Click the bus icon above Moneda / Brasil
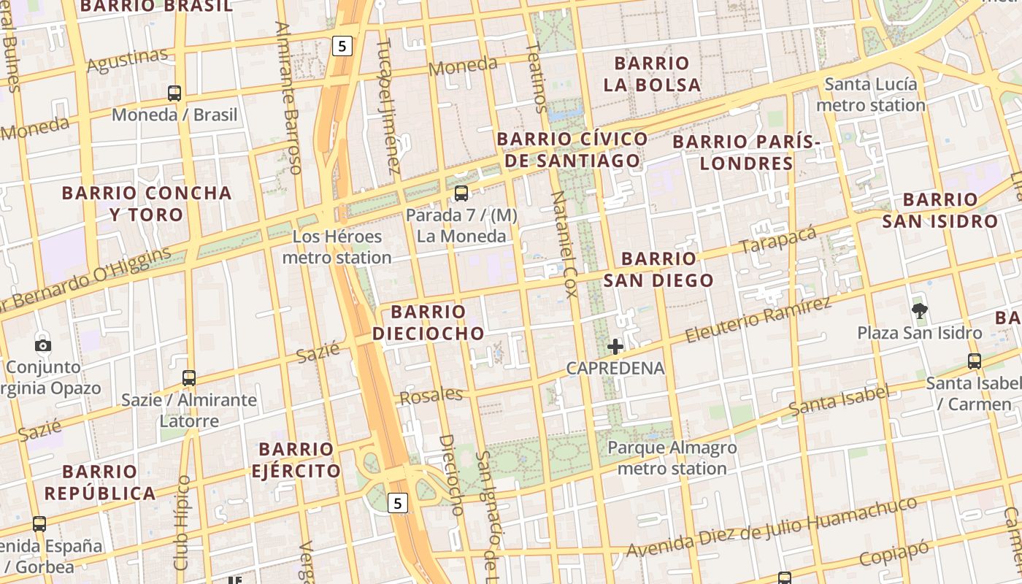174,93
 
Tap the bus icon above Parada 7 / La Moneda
461,193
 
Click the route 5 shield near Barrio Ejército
397,502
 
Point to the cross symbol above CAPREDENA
615,347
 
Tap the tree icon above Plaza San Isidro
920,311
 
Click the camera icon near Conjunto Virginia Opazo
43,345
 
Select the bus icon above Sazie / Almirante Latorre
189,378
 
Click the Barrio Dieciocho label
429,323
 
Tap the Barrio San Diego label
658,269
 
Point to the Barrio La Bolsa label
652,74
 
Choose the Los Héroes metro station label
337,247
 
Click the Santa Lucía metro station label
870,95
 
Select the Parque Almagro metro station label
672,458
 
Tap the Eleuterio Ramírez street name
758,321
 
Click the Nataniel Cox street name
564,245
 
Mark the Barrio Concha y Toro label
147,204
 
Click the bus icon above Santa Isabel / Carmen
974,361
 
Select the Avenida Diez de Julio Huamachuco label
771,527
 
